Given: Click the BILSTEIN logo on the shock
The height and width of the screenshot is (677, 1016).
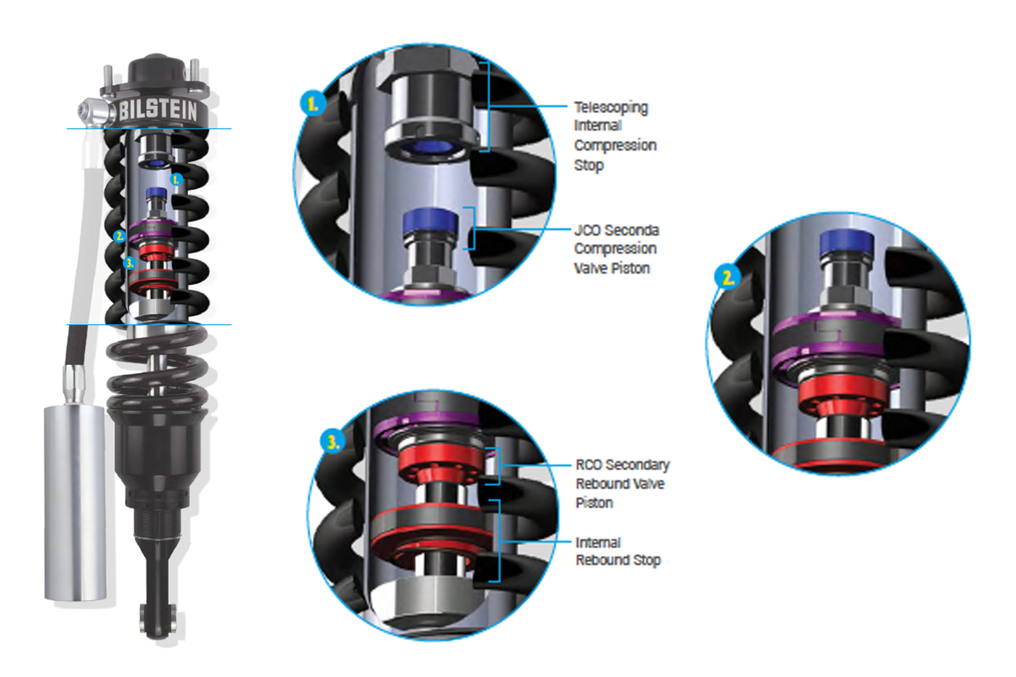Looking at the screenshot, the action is pyautogui.click(x=158, y=110).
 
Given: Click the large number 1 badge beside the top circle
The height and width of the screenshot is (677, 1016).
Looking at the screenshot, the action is pyautogui.click(x=313, y=104).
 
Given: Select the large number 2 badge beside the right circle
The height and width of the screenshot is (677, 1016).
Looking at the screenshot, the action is pyautogui.click(x=727, y=276).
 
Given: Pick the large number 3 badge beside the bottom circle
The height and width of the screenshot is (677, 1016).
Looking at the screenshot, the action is pyautogui.click(x=333, y=442).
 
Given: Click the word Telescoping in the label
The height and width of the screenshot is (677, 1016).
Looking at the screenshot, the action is pyautogui.click(x=611, y=108).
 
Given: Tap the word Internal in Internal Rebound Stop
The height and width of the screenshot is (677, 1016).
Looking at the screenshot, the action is pyautogui.click(x=598, y=542).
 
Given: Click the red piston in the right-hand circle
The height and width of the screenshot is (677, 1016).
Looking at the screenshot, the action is pyautogui.click(x=843, y=395).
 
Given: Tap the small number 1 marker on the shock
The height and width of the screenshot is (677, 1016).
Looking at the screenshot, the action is pyautogui.click(x=176, y=180).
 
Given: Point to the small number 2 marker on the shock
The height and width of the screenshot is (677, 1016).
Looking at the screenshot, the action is pyautogui.click(x=119, y=236).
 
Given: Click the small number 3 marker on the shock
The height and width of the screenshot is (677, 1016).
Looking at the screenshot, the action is pyautogui.click(x=129, y=263).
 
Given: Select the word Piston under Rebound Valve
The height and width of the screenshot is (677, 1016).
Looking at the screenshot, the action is pyautogui.click(x=594, y=503).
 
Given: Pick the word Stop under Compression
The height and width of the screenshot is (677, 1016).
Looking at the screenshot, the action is pyautogui.click(x=589, y=165).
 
